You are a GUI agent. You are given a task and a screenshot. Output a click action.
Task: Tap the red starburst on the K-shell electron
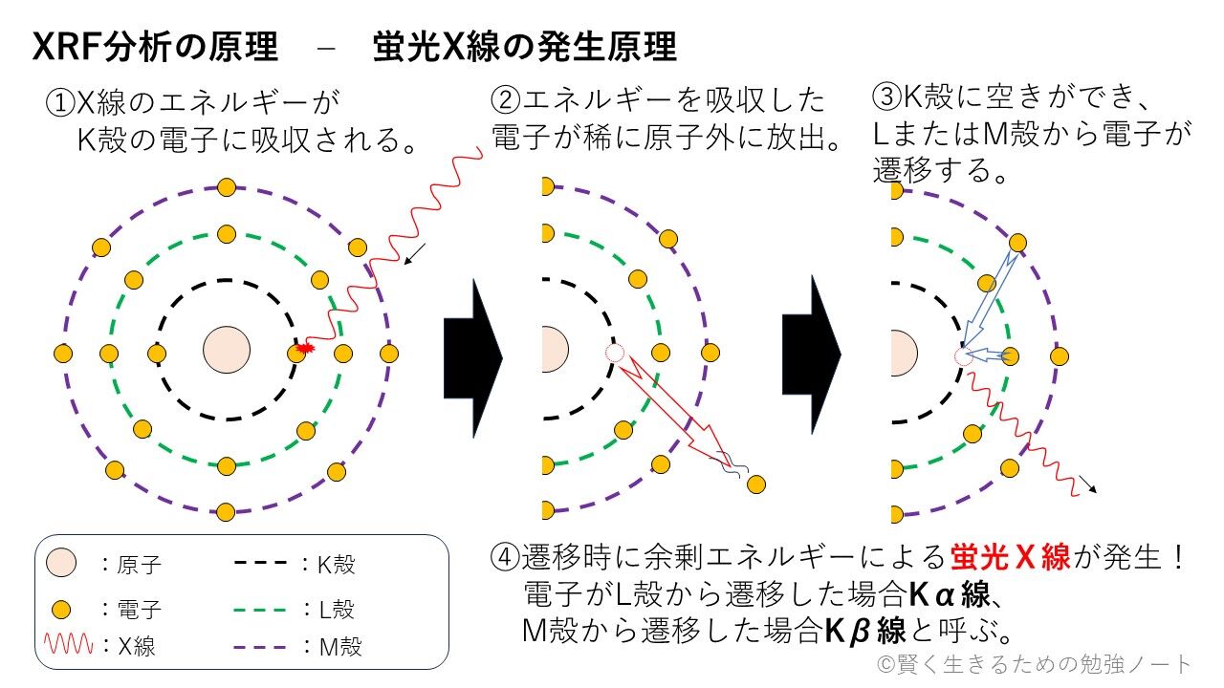(x=305, y=349)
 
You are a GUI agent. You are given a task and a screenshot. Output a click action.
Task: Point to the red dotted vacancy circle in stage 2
(x=615, y=354)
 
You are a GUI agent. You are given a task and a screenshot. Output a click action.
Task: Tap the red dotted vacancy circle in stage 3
(x=962, y=356)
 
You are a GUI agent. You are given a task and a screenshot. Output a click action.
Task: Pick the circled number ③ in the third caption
(x=886, y=97)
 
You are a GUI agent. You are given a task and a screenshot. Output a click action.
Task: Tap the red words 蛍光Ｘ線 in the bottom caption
(x=1011, y=557)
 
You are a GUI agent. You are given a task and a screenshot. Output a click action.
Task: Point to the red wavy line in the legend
(x=70, y=646)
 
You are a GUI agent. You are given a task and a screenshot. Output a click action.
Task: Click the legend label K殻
(x=336, y=565)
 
